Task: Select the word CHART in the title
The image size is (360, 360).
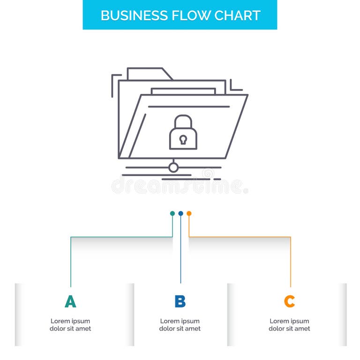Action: click(x=237, y=15)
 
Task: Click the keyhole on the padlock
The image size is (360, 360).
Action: click(x=183, y=139)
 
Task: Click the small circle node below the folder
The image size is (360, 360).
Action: click(x=173, y=167)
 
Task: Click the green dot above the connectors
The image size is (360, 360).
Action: click(x=172, y=213)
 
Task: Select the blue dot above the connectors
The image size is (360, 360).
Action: click(x=180, y=213)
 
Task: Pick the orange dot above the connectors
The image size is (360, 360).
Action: click(x=189, y=213)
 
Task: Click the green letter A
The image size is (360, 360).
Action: click(x=70, y=301)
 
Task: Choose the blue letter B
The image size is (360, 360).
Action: click(x=180, y=301)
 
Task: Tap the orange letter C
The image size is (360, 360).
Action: click(x=289, y=301)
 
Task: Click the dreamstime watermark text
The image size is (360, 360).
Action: click(x=180, y=186)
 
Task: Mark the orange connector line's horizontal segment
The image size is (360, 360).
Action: click(x=240, y=237)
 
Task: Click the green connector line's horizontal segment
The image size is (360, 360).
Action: click(x=121, y=237)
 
